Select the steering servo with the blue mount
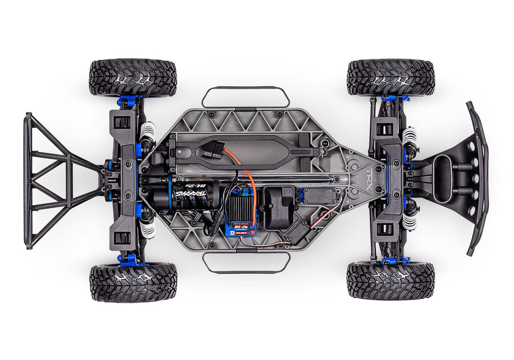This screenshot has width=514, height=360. point(324,196)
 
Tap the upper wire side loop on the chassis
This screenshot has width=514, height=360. point(246,97)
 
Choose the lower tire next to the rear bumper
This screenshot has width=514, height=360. point(133,282)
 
